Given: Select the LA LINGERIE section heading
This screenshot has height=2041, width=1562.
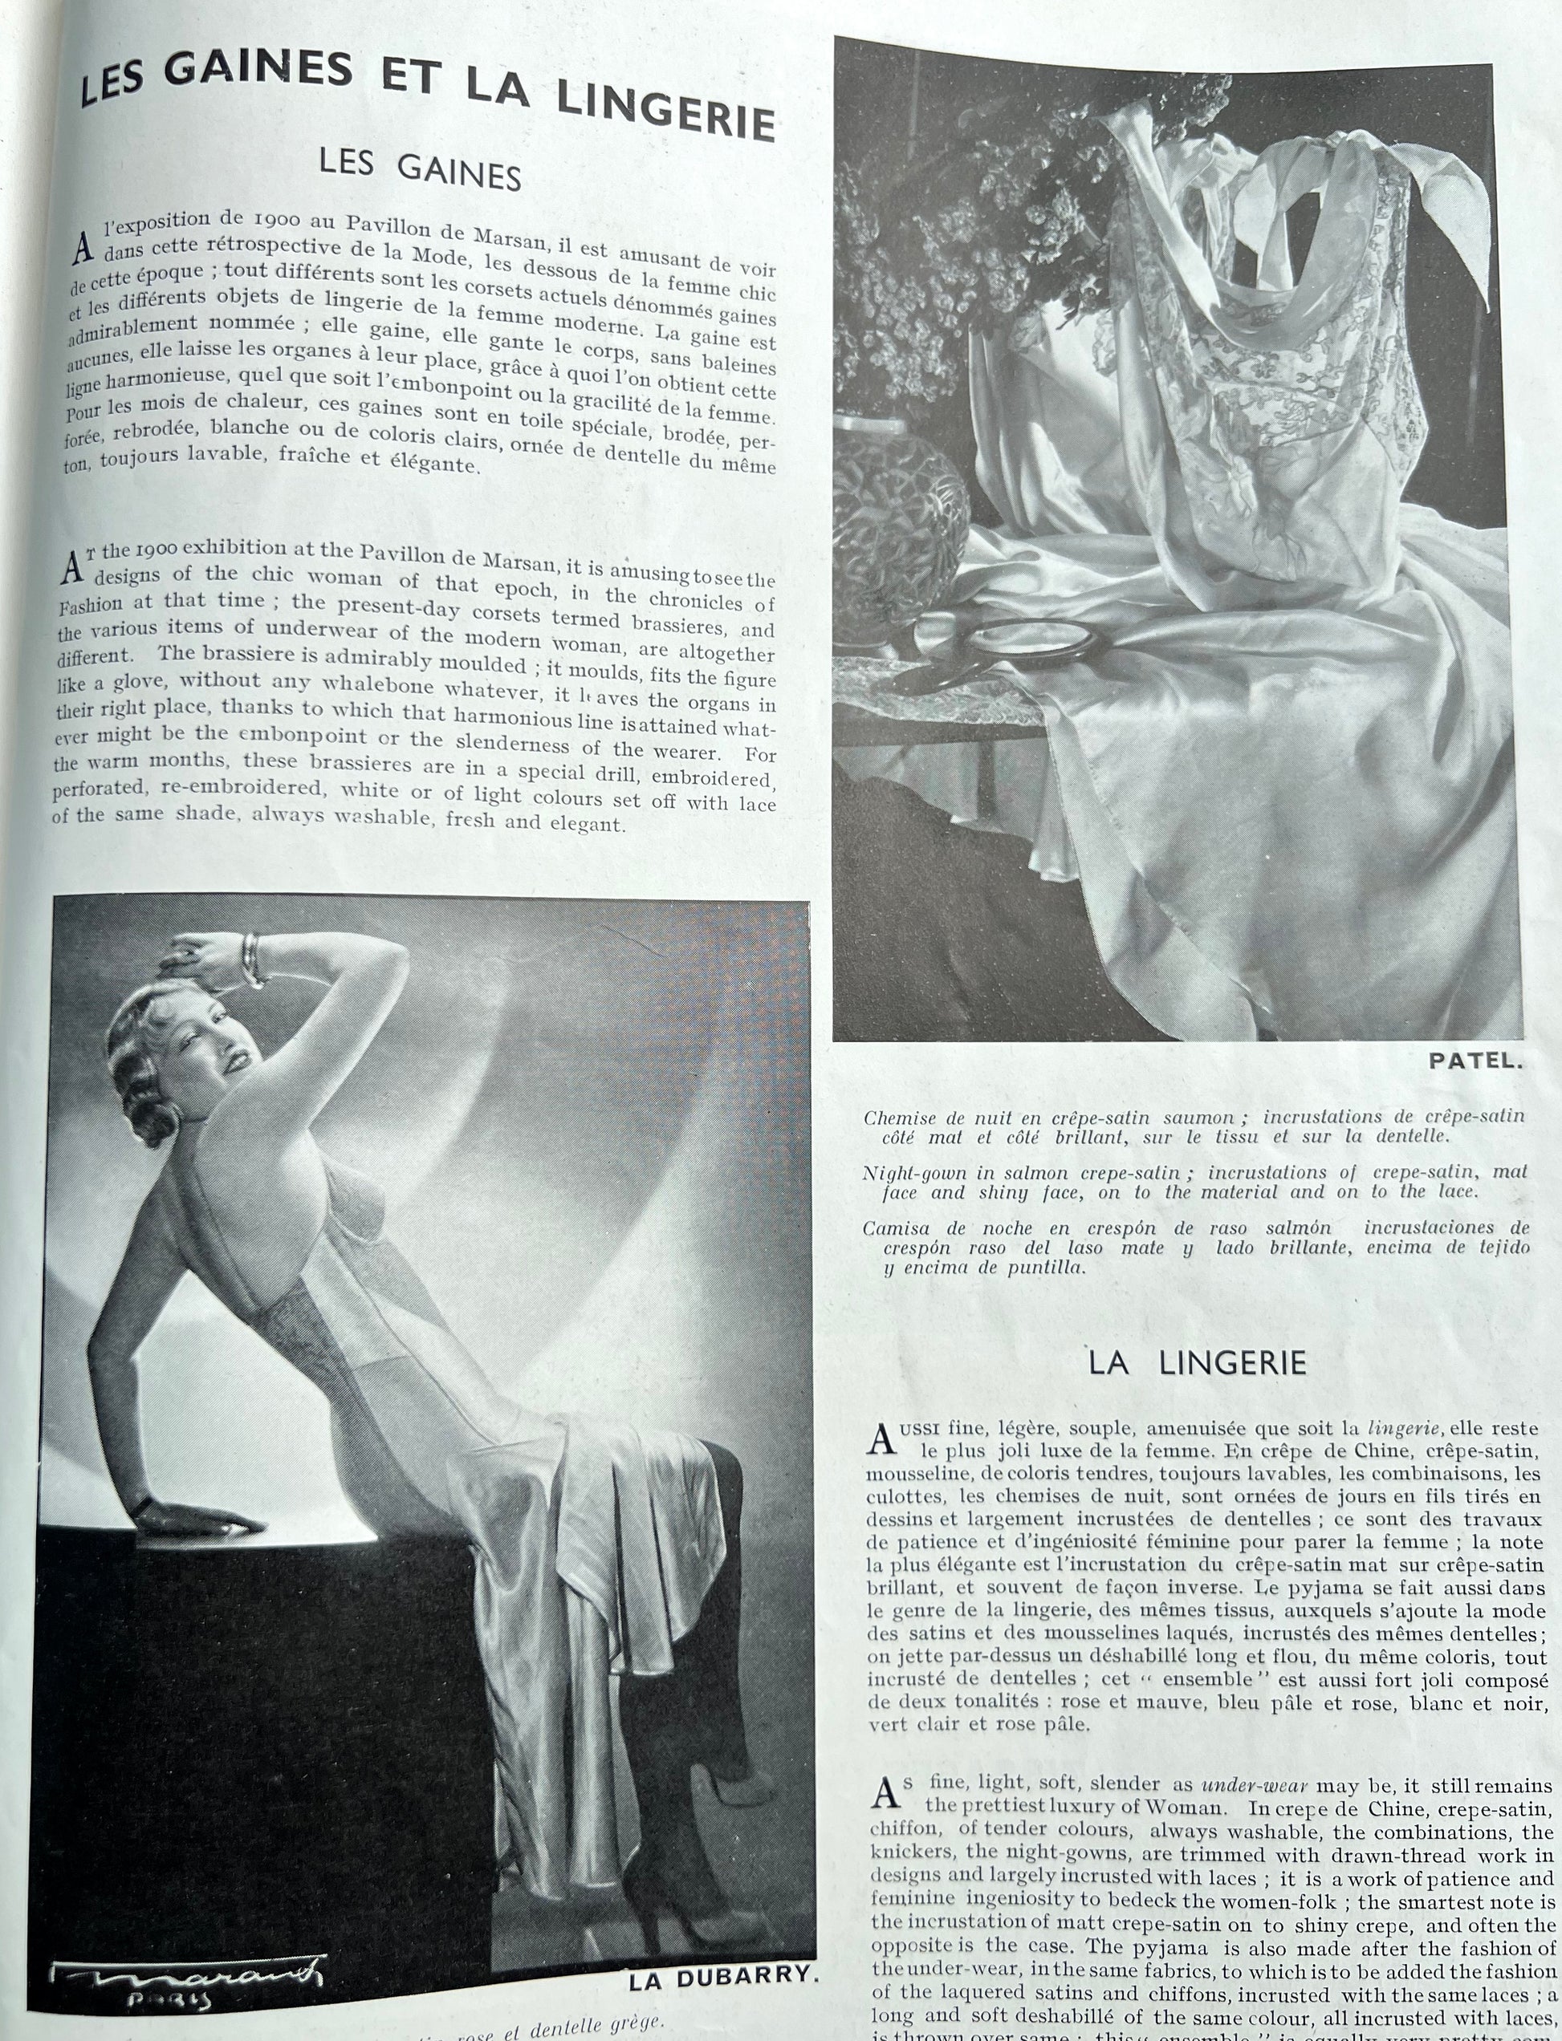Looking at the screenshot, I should point(1198,1363).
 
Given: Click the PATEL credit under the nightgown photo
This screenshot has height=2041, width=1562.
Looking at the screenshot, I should point(1475,1061).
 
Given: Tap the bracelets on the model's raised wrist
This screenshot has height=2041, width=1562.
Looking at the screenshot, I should point(252,960).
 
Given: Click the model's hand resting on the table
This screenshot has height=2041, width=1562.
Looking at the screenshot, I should point(190,1519).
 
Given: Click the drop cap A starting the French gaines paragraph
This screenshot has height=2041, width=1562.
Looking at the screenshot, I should point(83,246).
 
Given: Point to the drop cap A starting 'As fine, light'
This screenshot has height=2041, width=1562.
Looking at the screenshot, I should point(885,1793).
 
